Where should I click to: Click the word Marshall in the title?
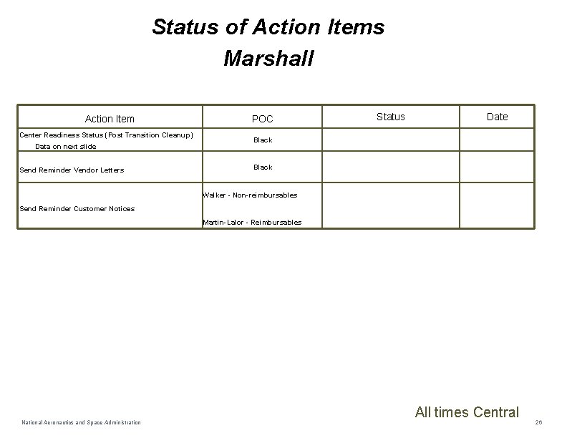click(x=268, y=58)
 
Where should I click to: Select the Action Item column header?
click(x=110, y=119)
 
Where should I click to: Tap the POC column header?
click(x=262, y=119)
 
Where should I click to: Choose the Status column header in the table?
click(x=390, y=117)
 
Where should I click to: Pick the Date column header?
click(x=497, y=117)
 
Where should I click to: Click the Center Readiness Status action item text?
click(x=106, y=135)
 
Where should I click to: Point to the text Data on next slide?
click(x=65, y=146)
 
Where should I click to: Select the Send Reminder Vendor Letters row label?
click(x=72, y=170)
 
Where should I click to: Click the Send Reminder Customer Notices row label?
click(x=77, y=208)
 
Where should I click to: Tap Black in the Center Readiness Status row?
click(x=263, y=140)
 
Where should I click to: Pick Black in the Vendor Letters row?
click(x=263, y=167)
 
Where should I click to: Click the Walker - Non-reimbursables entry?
click(x=250, y=195)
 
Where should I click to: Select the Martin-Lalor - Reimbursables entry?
click(x=252, y=222)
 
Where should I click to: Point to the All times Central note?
click(x=467, y=412)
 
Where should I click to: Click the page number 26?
click(x=538, y=422)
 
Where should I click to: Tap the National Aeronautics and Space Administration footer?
click(x=80, y=422)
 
